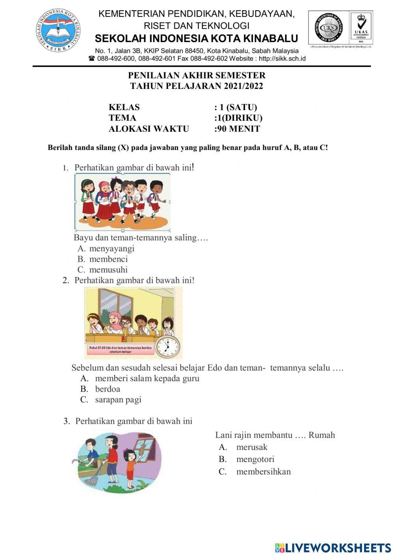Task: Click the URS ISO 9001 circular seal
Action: coord(328,28)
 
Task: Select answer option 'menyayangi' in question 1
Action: coord(112,248)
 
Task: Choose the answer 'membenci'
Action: coord(108,259)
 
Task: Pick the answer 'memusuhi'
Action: coord(108,270)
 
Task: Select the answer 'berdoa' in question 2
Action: coord(108,389)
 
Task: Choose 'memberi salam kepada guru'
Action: coord(147,378)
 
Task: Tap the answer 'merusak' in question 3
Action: coord(252,447)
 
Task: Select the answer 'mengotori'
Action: coord(255,459)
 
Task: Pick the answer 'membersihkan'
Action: coord(264,471)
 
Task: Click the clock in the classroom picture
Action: coord(167,347)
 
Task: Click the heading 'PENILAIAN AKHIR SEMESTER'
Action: coord(197,75)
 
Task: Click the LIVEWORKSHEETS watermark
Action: coord(333,548)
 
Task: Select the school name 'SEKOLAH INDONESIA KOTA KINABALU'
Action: coord(197,39)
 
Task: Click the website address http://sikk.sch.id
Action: coord(282,59)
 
